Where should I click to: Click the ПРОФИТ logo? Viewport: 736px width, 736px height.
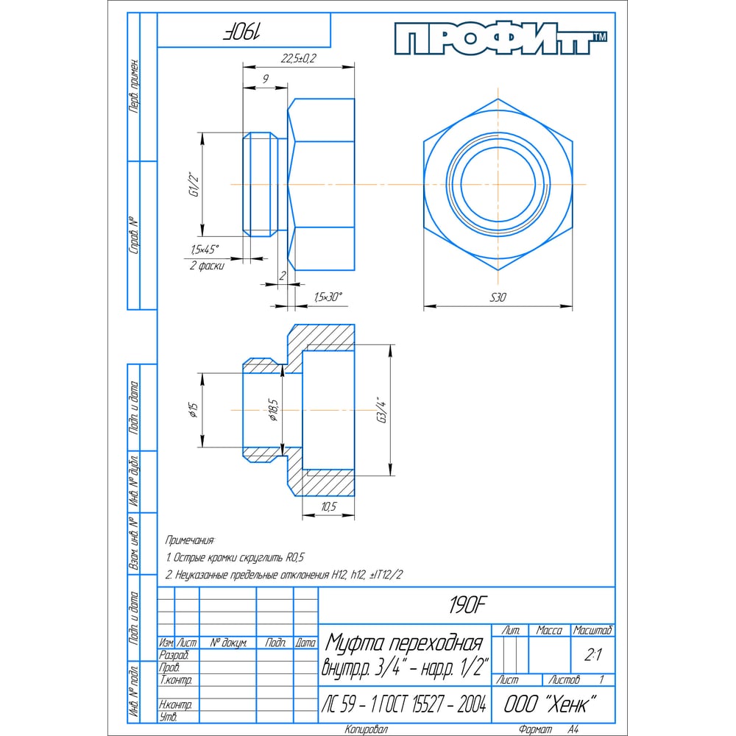click(500, 39)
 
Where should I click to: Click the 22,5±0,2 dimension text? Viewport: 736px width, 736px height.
click(299, 58)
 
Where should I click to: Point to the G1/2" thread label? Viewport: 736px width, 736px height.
click(194, 185)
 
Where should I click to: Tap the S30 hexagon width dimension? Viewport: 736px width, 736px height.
click(498, 297)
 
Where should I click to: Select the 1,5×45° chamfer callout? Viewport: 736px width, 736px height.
click(205, 250)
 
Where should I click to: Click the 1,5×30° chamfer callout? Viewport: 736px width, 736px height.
click(328, 297)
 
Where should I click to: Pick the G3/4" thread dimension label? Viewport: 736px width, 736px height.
click(383, 410)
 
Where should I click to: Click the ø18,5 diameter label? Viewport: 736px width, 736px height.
click(273, 410)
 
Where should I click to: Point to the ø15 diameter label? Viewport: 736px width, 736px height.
click(194, 410)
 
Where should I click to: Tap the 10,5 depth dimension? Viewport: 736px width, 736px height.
click(328, 506)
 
